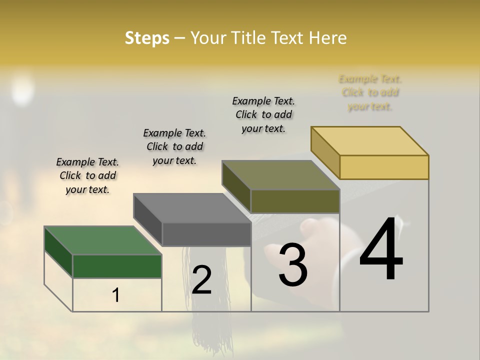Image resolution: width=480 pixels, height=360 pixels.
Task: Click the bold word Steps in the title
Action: coord(147,38)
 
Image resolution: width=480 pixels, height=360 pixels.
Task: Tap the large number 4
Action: coord(381,250)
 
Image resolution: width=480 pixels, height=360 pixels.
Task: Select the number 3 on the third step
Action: coord(292,264)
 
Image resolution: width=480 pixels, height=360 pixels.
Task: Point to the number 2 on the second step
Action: coord(201,280)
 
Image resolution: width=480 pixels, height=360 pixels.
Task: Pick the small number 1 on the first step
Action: coord(115,295)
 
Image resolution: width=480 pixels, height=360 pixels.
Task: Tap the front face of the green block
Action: coord(117,266)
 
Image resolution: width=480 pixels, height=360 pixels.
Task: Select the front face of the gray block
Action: coord(206,234)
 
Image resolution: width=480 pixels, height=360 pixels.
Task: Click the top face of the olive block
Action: coord(280,175)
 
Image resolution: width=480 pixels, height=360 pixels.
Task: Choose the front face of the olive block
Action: coord(295,201)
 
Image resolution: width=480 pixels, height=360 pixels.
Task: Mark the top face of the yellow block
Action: coord(369,141)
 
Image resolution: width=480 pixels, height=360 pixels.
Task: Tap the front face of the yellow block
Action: coord(384,167)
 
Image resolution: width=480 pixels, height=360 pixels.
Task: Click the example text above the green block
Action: coord(87,175)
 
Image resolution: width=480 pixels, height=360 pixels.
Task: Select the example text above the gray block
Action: coord(174,146)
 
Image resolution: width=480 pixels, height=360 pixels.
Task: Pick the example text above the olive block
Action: coord(263,114)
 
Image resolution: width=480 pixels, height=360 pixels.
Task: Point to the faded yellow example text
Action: coord(370,92)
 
